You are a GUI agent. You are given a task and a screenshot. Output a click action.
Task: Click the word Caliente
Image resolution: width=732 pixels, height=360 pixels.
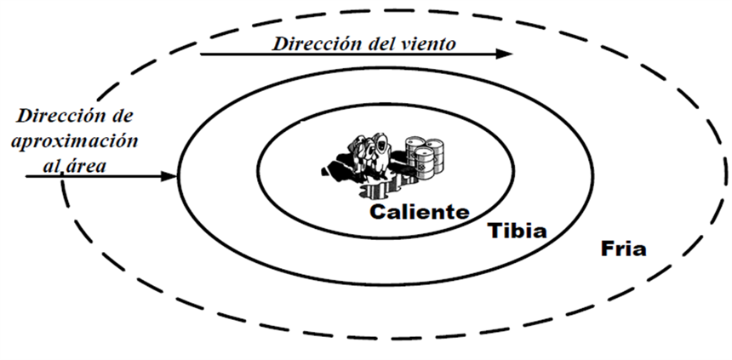pyautogui.click(x=418, y=211)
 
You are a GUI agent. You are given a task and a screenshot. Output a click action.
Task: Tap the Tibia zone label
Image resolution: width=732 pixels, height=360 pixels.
pyautogui.click(x=516, y=231)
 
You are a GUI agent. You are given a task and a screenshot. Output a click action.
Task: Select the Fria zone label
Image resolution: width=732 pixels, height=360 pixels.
pyautogui.click(x=623, y=250)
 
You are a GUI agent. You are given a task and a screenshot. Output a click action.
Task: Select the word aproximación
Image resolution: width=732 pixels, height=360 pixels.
pyautogui.click(x=75, y=140)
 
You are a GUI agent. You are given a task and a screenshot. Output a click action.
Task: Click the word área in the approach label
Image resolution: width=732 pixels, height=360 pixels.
pyautogui.click(x=89, y=166)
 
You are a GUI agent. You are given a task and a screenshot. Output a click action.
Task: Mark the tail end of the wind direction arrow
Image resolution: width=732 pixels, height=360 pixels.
pyautogui.click(x=203, y=54)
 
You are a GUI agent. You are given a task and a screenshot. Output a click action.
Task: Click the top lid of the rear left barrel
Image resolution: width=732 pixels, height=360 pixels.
pyautogui.click(x=415, y=141)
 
